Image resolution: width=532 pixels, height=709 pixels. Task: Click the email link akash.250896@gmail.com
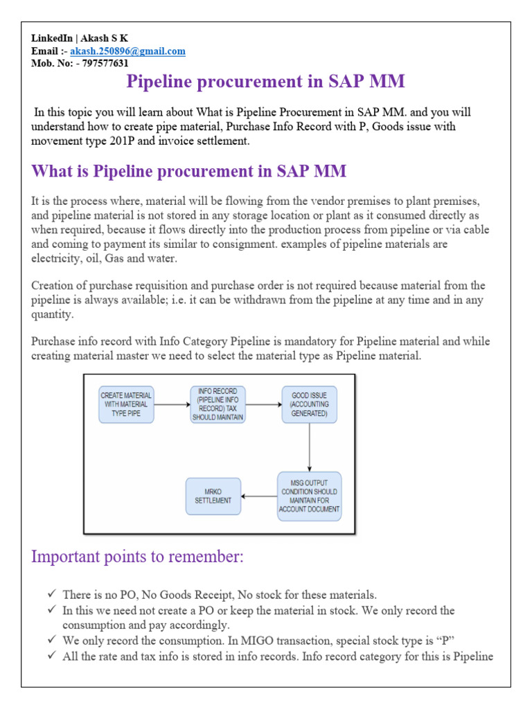point(127,51)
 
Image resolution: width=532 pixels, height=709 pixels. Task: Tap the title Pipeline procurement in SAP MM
point(265,82)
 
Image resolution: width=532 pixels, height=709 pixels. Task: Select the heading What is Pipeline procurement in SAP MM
point(189,170)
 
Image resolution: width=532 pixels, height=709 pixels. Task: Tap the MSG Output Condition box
point(309,496)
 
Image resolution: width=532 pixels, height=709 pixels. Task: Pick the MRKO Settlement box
point(213,496)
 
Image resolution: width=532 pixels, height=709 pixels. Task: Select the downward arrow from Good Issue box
point(309,447)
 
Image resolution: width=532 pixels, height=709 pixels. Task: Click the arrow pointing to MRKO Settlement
point(259,496)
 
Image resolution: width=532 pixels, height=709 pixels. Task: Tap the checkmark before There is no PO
point(53,594)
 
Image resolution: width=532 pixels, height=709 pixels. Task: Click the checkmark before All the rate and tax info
point(53,656)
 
